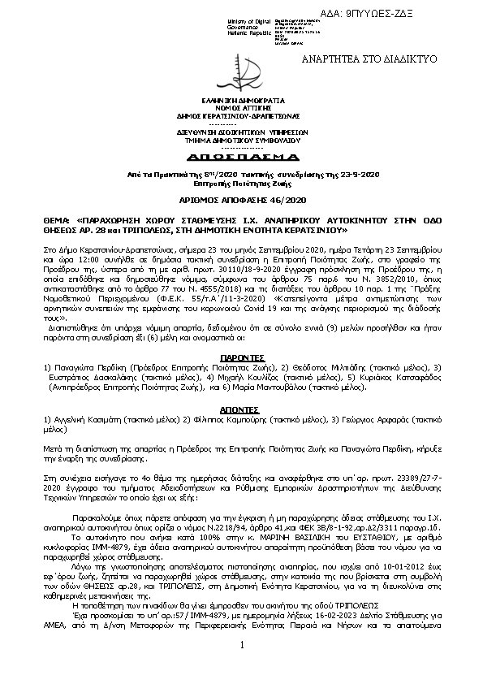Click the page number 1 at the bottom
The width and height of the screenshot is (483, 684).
pos(242,668)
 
